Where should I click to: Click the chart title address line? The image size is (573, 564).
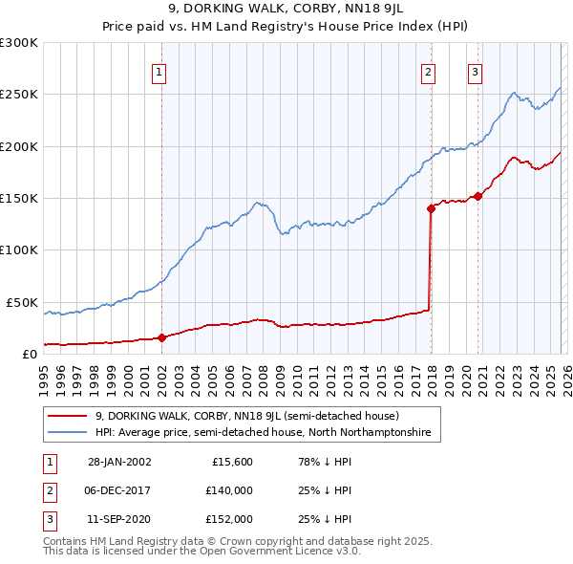coord(286,10)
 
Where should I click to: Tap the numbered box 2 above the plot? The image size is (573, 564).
coord(429,71)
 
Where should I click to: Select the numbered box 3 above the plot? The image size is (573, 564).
coord(475,71)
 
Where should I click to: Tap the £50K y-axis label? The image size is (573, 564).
coord(23,302)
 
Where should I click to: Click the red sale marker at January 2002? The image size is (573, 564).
coord(161,337)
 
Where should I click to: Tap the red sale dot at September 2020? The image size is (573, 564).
coord(477,196)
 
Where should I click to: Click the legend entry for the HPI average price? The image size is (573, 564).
coord(263,433)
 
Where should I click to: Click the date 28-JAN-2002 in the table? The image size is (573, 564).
coord(119,462)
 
